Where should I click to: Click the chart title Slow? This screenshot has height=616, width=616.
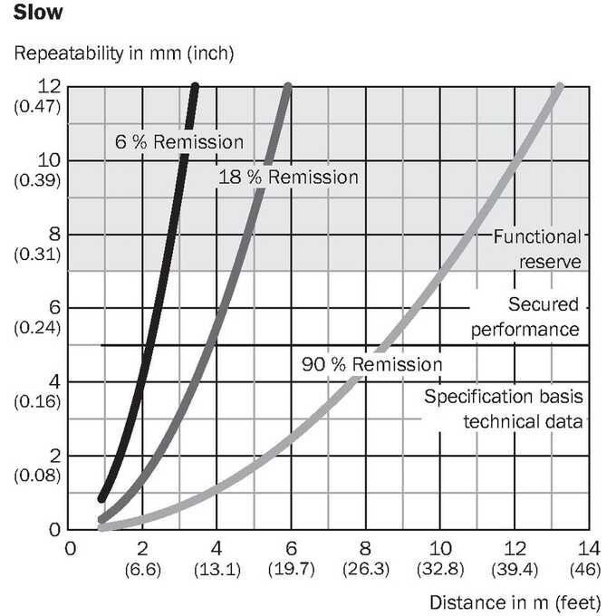38,13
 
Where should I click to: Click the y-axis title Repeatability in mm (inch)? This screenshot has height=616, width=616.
124,53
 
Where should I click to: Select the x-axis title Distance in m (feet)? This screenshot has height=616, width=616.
515,602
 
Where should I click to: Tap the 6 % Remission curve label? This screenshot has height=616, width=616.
179,142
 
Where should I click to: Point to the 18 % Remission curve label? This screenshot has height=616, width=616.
288,177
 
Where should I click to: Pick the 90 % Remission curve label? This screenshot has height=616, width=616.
372,364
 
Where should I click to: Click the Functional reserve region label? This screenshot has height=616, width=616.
537,249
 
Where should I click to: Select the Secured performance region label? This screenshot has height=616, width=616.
525,317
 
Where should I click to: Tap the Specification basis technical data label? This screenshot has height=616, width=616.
504,409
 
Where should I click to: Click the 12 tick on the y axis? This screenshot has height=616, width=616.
49,86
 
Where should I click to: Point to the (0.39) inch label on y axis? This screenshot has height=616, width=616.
37,180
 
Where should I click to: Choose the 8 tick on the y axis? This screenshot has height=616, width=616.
54,234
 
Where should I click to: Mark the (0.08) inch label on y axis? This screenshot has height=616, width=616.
37,476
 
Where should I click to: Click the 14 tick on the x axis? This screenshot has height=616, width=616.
589,548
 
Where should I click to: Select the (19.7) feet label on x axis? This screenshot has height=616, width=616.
292,569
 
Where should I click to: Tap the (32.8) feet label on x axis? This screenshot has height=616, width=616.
440,569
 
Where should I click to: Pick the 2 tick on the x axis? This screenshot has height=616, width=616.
142,548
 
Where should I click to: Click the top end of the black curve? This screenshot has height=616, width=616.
195,85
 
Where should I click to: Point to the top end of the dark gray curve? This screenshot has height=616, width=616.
288,85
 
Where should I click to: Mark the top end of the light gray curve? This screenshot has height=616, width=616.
560,86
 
